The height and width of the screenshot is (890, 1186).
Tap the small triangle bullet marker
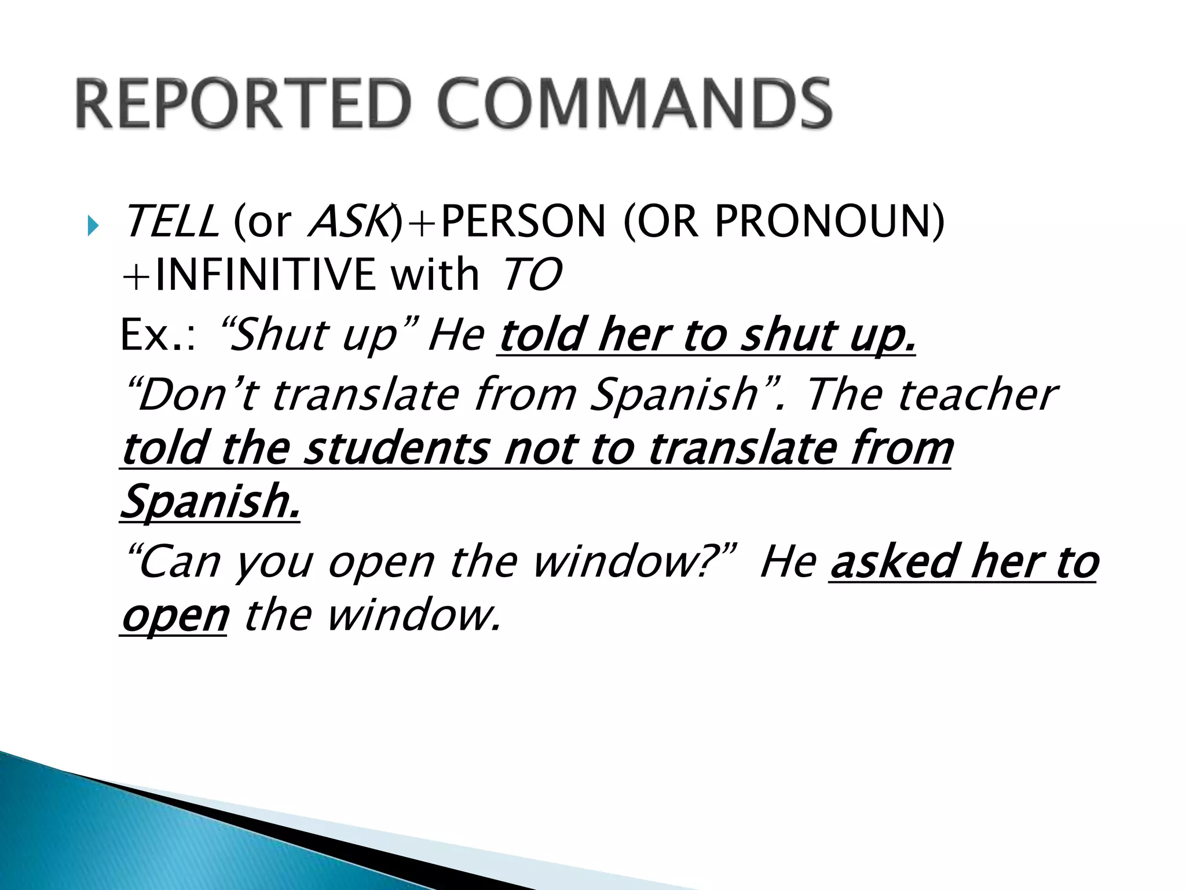93,225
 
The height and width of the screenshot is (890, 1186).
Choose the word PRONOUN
822,222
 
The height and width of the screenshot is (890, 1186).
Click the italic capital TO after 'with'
530,275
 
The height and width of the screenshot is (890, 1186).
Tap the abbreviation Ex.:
158,335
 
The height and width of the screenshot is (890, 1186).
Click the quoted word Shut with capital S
272,335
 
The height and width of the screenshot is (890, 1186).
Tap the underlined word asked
894,562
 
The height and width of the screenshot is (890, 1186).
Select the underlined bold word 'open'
175,617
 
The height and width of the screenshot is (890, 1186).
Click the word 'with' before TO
435,275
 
